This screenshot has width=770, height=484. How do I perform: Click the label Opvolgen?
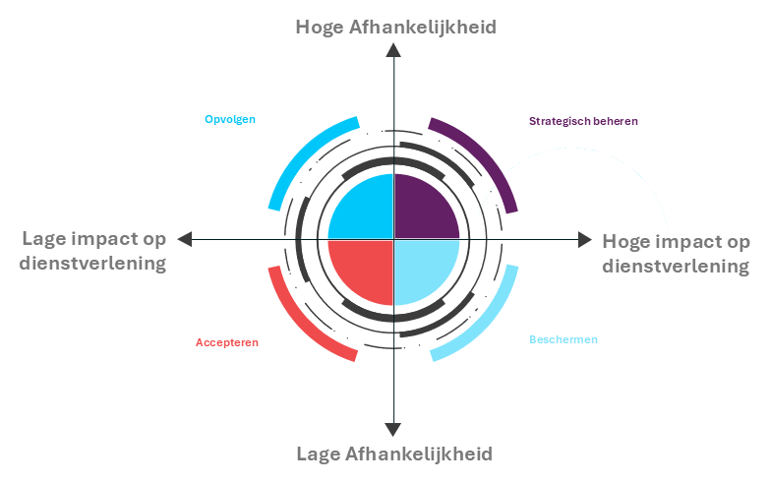(230, 119)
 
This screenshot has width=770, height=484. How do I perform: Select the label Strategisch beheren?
(583, 121)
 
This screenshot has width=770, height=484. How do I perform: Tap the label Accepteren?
(227, 342)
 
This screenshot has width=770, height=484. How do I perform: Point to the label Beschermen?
(563, 339)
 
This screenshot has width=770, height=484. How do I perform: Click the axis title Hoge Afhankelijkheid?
(395, 27)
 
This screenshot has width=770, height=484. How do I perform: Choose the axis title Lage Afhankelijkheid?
(394, 454)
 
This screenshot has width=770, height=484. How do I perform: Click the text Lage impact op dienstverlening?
(93, 251)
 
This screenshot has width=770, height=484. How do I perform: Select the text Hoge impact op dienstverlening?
(676, 254)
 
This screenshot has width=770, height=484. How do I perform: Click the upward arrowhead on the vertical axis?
(393, 50)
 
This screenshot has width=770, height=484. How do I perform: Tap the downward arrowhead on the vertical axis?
(392, 430)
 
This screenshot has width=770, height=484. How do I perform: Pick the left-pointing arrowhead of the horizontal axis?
(185, 239)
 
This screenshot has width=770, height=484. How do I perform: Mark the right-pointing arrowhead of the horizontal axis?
(585, 240)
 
